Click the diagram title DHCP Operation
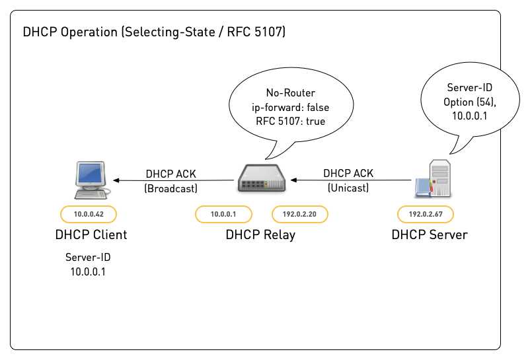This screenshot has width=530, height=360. [154, 32]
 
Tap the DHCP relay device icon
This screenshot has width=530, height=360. [261, 179]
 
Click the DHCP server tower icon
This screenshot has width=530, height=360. [434, 179]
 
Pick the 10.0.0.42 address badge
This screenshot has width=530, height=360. [87, 214]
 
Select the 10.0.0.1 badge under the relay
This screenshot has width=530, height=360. [223, 214]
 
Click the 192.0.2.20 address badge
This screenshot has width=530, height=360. [300, 214]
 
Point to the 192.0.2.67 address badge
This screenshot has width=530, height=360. [424, 214]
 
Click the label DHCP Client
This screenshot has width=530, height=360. [91, 234]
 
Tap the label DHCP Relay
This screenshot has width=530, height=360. [260, 234]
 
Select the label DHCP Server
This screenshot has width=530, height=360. [429, 234]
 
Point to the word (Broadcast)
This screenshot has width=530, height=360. [170, 188]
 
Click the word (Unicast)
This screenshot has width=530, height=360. [348, 188]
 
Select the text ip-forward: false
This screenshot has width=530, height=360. [290, 107]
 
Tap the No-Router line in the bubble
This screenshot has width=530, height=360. [290, 92]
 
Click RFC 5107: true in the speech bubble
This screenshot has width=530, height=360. [290, 121]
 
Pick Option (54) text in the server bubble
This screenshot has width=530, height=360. [469, 102]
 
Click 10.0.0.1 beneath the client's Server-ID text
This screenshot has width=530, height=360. [87, 271]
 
